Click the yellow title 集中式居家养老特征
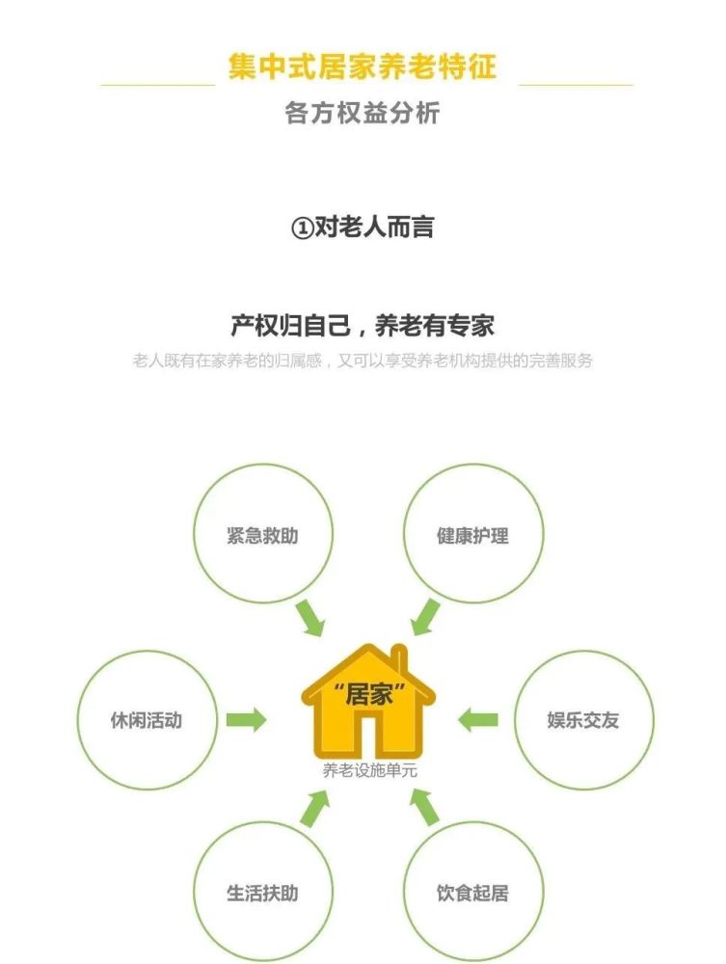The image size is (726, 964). tap(363, 67)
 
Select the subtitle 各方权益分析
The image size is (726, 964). tap(363, 113)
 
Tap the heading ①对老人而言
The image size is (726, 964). tap(363, 228)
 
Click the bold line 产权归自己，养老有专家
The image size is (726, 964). tap(363, 326)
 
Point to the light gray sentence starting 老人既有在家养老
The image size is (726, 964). tap(363, 361)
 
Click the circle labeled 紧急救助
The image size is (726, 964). tap(263, 465)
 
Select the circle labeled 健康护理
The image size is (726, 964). tap(473, 465)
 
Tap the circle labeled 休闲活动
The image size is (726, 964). tap(147, 651)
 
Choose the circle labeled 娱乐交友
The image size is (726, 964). tap(584, 651)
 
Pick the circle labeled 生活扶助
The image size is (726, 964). tap(263, 823)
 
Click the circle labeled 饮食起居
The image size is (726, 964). tap(473, 823)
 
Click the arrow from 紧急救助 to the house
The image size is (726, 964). tap(310, 618)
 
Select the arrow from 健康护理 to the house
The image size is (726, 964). tap(426, 617)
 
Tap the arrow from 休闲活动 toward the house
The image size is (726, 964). tap(246, 720)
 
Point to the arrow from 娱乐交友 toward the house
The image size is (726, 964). tap(477, 720)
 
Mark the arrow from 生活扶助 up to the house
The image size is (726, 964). tap(315, 808)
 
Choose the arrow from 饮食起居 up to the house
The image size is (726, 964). tap(425, 807)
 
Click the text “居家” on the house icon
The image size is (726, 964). tap(369, 695)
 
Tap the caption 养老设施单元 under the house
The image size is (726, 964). tap(369, 770)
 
